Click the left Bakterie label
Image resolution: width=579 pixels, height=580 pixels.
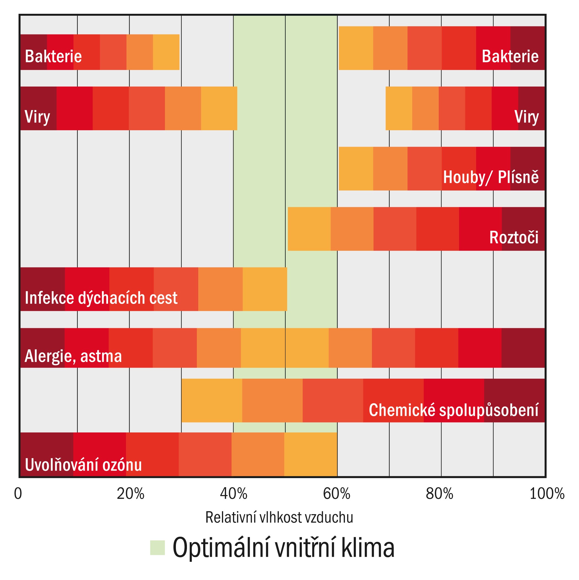[53, 56]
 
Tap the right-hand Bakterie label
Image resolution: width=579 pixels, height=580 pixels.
[510, 56]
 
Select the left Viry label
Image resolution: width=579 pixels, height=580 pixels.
[37, 116]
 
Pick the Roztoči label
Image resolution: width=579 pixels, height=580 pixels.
[514, 237]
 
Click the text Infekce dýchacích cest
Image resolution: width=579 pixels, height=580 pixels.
[101, 298]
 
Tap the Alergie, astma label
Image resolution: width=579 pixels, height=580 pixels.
[73, 356]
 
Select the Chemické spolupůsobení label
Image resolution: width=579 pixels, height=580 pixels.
[453, 410]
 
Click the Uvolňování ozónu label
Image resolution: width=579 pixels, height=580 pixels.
[83, 465]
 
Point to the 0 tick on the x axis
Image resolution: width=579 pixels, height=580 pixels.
[18, 494]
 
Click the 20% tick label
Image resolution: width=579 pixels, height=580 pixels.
[130, 494]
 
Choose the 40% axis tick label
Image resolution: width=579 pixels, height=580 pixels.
[234, 494]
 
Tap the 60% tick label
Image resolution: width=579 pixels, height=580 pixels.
[336, 494]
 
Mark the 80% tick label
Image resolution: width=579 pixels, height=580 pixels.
[439, 494]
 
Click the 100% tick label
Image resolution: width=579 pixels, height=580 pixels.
[547, 494]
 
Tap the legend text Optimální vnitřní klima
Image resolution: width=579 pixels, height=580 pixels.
[283, 547]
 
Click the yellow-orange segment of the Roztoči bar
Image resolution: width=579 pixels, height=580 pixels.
[309, 229]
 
